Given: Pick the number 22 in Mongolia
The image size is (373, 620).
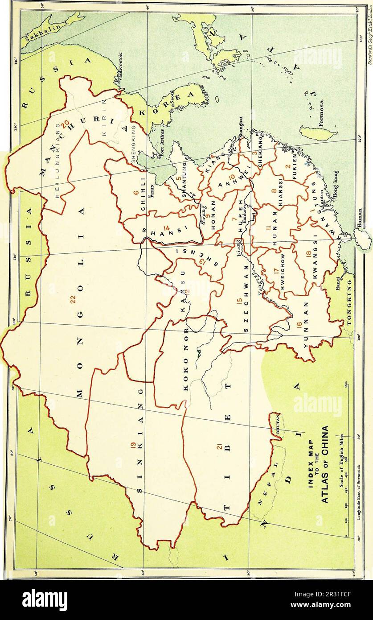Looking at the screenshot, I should click(74, 301).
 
